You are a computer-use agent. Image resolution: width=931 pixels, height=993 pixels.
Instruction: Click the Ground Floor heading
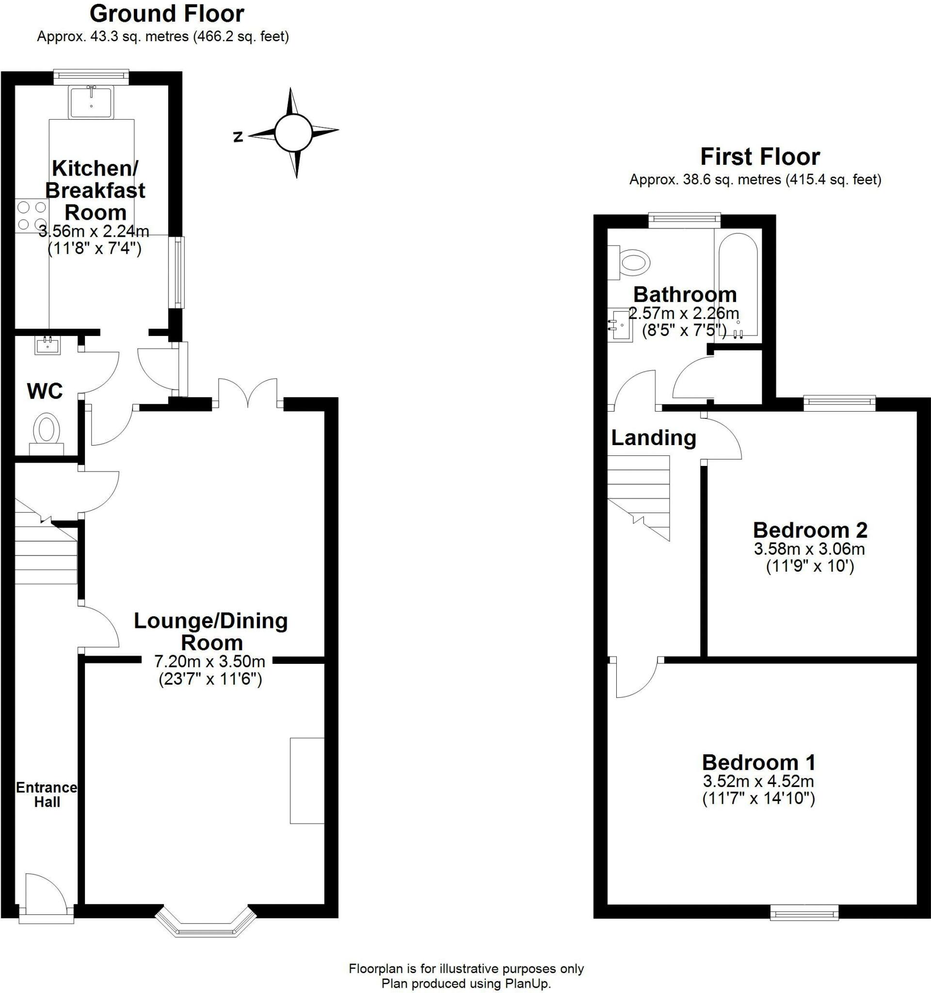point(167,14)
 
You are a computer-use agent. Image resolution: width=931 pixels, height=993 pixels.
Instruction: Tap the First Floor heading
point(760,157)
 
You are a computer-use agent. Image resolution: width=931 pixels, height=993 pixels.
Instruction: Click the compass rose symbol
point(293,133)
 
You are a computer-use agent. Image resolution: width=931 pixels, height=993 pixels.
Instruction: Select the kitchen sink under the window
point(91,102)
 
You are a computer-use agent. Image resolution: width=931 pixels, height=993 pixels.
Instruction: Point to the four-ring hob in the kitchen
point(32,216)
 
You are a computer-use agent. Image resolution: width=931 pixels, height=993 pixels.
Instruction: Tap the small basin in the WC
point(48,345)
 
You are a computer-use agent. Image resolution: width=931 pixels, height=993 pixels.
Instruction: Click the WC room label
point(45,391)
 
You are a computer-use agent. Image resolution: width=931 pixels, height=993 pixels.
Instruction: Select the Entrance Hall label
point(47,795)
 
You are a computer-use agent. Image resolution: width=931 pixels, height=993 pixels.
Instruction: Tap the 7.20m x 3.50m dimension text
point(210,661)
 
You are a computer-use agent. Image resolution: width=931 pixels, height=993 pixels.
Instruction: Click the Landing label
point(653,438)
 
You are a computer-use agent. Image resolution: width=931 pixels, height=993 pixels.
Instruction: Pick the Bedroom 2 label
point(810,529)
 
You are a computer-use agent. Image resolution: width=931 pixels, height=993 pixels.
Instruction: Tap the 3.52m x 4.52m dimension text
point(759,781)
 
